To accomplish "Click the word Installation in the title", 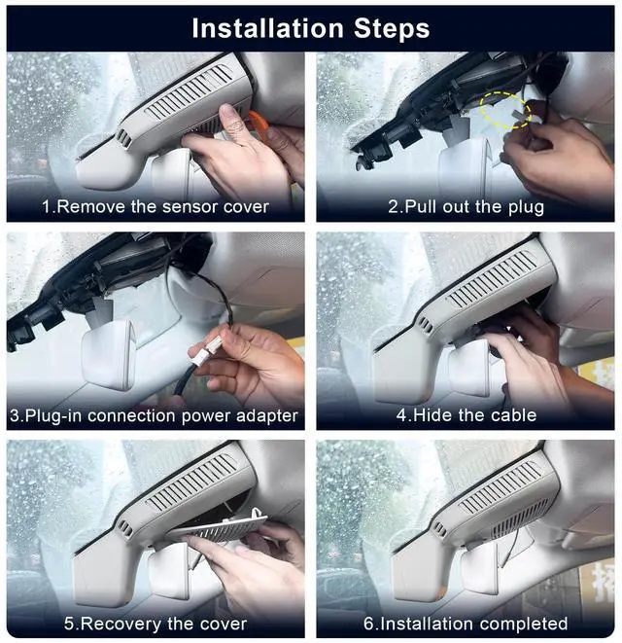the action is (x=267, y=29).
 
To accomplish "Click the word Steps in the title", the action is (x=392, y=29).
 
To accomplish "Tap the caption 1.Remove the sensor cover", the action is (x=155, y=206).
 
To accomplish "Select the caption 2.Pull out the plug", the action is (x=466, y=207).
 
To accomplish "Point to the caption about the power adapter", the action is (x=154, y=415).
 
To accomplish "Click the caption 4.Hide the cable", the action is (x=466, y=415).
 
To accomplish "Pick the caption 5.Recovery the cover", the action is (x=155, y=625).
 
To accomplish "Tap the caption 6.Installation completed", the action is (x=466, y=624).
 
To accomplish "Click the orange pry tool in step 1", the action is (x=258, y=125).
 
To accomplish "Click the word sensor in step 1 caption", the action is (x=190, y=207).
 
